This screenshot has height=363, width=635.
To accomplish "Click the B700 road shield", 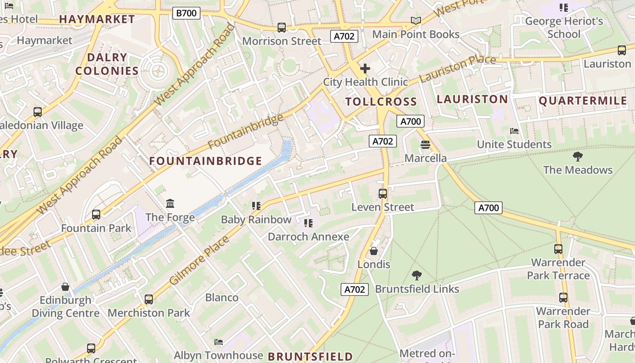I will [186, 13].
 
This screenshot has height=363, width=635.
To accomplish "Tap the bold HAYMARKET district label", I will [97, 20].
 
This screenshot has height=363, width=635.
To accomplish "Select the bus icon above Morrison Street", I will [282, 28].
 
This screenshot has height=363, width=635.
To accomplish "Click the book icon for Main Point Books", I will [416, 20].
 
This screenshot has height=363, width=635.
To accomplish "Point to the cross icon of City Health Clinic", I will [365, 69].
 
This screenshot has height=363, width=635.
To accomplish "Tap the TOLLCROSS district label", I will [381, 102].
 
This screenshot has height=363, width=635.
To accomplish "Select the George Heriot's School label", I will [564, 28].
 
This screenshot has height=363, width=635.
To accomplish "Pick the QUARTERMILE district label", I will [583, 101].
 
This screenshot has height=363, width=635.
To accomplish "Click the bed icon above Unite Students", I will [514, 131].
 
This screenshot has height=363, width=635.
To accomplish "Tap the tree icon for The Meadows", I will [577, 157].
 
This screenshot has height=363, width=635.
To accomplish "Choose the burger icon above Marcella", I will [425, 145].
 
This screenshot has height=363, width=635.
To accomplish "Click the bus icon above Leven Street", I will [383, 194].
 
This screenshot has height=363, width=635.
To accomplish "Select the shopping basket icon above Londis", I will [374, 251].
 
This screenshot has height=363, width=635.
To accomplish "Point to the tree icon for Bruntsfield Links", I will [416, 275].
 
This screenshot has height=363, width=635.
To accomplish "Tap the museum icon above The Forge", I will [170, 203].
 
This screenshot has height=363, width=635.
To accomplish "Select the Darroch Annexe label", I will [308, 237].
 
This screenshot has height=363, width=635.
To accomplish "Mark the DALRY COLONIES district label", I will [107, 64].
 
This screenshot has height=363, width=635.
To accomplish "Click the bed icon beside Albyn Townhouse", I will [219, 342].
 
